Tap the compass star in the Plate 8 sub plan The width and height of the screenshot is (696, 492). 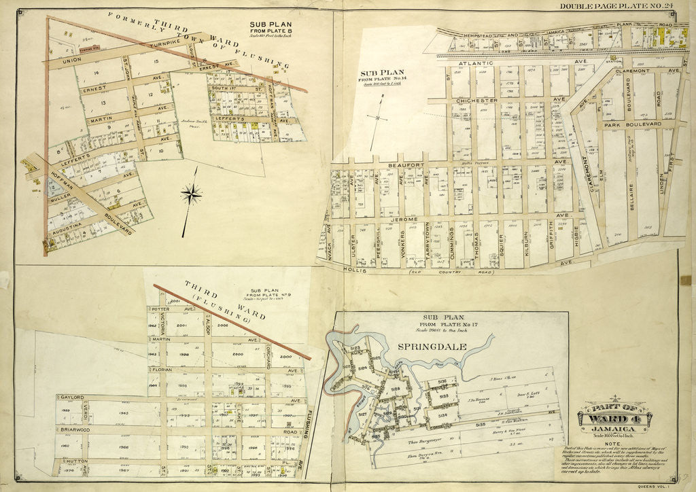[191, 194]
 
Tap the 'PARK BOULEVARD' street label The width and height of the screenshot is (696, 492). [629, 125]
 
